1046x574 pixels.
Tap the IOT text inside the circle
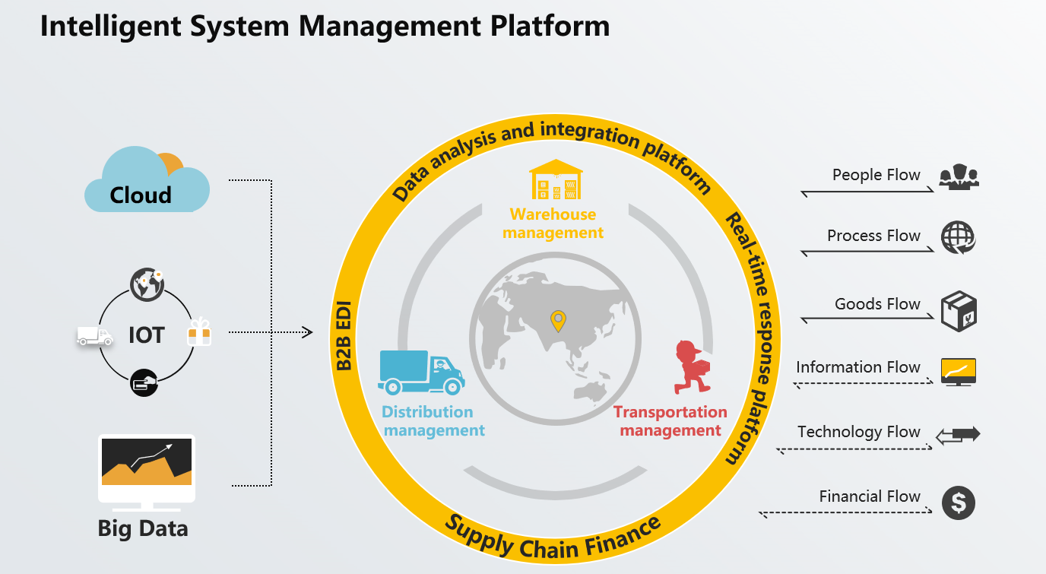click(x=147, y=335)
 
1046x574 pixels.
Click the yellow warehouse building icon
click(x=556, y=179)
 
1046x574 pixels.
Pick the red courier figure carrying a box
click(x=692, y=367)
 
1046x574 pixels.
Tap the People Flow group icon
click(x=959, y=176)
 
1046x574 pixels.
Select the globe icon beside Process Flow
click(x=959, y=238)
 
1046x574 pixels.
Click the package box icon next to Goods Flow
click(x=959, y=312)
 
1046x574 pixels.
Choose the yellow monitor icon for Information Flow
click(x=959, y=372)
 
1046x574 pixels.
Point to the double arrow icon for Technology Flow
click(x=958, y=436)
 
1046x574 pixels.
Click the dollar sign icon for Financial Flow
click(x=959, y=503)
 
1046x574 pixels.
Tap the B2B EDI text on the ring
click(x=344, y=336)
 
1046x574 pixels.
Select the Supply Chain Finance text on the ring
click(x=553, y=538)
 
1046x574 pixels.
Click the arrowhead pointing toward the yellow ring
click(x=308, y=332)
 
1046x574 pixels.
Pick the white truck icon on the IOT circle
click(x=95, y=336)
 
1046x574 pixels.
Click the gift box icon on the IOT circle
click(x=199, y=331)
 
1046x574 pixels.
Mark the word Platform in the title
click(x=550, y=26)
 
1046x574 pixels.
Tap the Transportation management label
click(x=670, y=421)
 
